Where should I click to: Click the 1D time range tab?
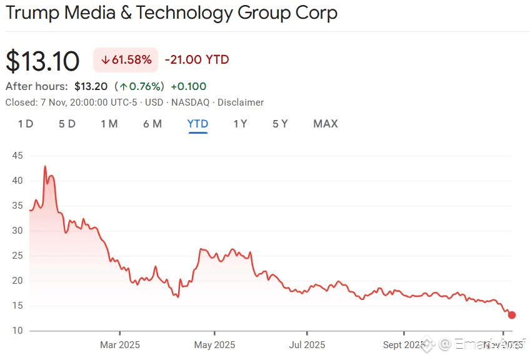[26, 124]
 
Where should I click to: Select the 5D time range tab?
[67, 124]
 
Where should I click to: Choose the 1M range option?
[109, 124]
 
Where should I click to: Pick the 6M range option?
[152, 124]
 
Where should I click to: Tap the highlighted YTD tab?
[197, 124]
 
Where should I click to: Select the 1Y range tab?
[240, 124]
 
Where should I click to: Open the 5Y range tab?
[280, 124]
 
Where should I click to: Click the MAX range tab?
[326, 124]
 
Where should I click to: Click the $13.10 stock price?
[42, 61]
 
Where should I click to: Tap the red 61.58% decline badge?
[126, 60]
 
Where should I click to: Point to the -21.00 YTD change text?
[197, 60]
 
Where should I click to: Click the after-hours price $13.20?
[91, 86]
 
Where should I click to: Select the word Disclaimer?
[241, 102]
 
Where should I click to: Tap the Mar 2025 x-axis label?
[120, 344]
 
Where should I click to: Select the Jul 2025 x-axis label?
[307, 344]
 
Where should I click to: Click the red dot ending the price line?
[512, 315]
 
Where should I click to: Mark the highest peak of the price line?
[45, 166]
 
